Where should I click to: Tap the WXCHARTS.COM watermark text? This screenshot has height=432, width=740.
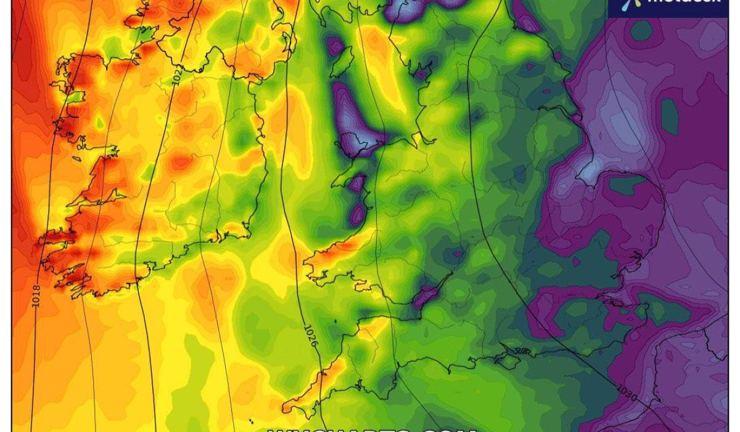(x=370, y=427)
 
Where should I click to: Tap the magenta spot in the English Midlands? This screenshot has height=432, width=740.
(x=456, y=252)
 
